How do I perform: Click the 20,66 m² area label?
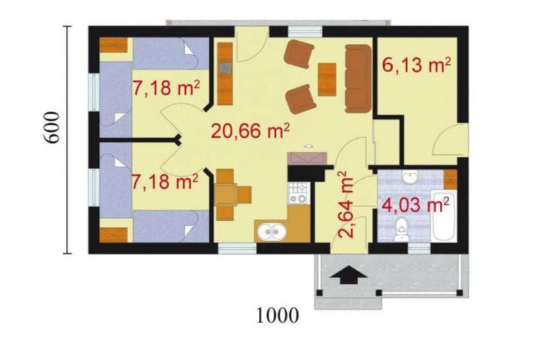coord(250,131)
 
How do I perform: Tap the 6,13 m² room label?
coord(417,65)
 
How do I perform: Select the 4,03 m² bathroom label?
coord(415,205)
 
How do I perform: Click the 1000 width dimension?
coord(278,316)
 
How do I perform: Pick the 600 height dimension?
coord(51,128)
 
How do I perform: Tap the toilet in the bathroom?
coord(402,229)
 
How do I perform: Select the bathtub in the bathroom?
coord(443,215)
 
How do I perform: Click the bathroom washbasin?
coord(410,177)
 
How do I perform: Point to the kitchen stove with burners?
coord(299,193)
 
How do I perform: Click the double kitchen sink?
coord(272,231)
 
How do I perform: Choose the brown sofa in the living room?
coord(358,78)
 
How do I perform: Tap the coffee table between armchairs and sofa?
coord(327,79)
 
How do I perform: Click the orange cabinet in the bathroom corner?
coord(450,179)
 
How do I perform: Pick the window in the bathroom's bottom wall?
coord(419,248)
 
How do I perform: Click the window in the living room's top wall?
coord(304,31)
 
